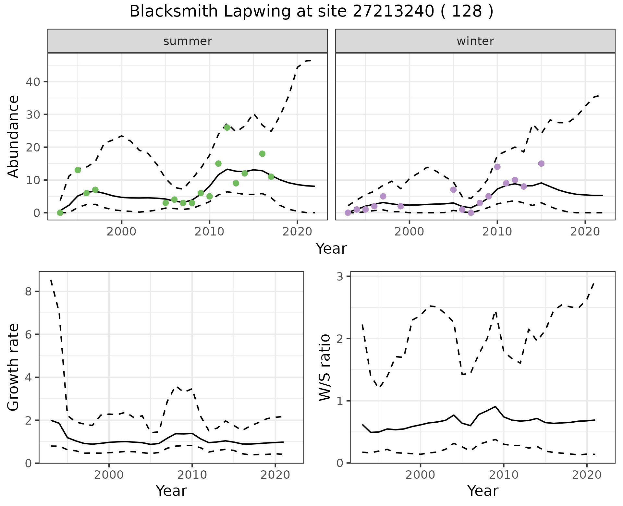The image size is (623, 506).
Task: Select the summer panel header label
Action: tap(188, 41)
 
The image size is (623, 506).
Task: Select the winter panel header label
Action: tap(475, 41)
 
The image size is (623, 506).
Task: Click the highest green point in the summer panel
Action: tap(227, 127)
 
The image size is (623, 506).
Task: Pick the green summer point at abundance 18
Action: tap(262, 154)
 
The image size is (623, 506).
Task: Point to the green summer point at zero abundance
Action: tap(60, 213)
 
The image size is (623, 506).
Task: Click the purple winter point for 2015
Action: tap(541, 163)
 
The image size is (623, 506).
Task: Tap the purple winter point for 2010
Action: tap(497, 167)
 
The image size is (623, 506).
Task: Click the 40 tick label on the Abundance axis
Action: tap(32, 82)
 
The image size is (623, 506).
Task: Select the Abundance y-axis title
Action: tap(13, 136)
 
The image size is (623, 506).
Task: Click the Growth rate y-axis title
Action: tap(13, 368)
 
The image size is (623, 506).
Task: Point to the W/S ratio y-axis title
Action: tap(324, 368)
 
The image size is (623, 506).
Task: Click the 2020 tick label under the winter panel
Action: tap(585, 233)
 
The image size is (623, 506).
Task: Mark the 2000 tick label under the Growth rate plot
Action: tap(109, 476)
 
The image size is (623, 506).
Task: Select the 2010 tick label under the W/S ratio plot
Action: tap(503, 476)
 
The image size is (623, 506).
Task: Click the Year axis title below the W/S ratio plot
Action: tap(483, 491)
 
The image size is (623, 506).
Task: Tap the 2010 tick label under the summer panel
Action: tap(209, 233)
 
